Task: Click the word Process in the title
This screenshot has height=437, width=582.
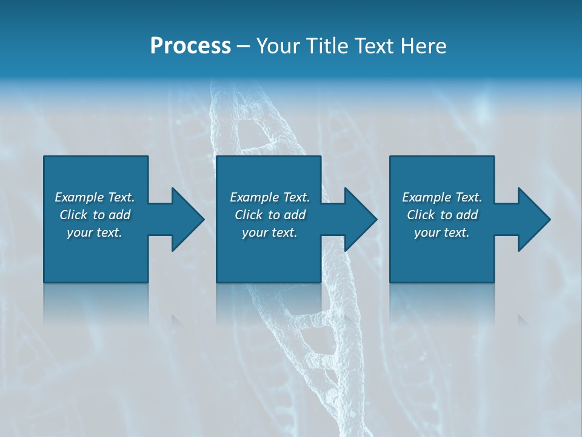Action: pos(190,46)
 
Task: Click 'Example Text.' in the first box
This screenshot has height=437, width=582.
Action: pos(95,197)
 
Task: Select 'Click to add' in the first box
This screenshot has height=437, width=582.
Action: pos(95,215)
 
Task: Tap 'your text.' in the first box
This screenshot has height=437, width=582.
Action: pos(95,232)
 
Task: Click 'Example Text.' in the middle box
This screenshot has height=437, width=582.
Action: pos(270,197)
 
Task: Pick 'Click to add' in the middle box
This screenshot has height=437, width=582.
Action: pos(270,215)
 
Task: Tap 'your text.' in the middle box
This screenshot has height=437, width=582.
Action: pos(270,232)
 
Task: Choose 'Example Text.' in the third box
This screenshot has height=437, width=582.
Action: pos(442,197)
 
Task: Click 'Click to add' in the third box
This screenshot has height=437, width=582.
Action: pos(442,215)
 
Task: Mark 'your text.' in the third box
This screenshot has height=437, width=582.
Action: pos(442,232)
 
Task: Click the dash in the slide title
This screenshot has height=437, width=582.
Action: pos(243,46)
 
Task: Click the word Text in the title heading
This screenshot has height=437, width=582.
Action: pos(373,46)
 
